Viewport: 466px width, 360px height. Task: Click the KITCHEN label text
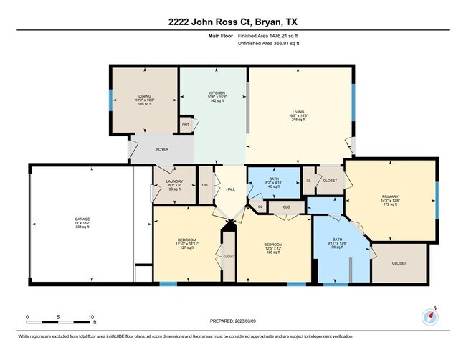coord(217,93)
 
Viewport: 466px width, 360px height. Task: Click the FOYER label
coord(163,151)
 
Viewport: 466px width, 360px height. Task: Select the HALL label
coord(230,189)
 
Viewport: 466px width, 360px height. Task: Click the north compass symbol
coord(432,316)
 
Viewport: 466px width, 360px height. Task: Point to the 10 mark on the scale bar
coord(91,316)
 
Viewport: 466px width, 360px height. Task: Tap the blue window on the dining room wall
coord(110,100)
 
